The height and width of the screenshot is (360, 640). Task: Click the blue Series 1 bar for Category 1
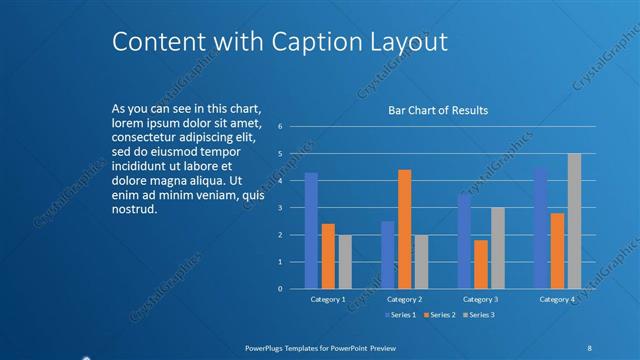click(x=311, y=230)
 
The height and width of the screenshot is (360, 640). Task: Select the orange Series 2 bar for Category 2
click(x=404, y=229)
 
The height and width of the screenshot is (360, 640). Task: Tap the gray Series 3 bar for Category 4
click(x=574, y=221)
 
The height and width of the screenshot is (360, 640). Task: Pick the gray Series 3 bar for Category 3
click(x=497, y=248)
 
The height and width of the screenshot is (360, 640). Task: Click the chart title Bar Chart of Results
click(x=438, y=111)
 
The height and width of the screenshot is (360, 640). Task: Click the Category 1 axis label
click(x=328, y=299)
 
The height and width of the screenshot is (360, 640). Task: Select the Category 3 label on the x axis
click(x=481, y=299)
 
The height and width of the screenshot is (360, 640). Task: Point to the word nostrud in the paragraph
click(x=134, y=209)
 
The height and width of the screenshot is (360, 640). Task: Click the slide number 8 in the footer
click(x=589, y=347)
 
